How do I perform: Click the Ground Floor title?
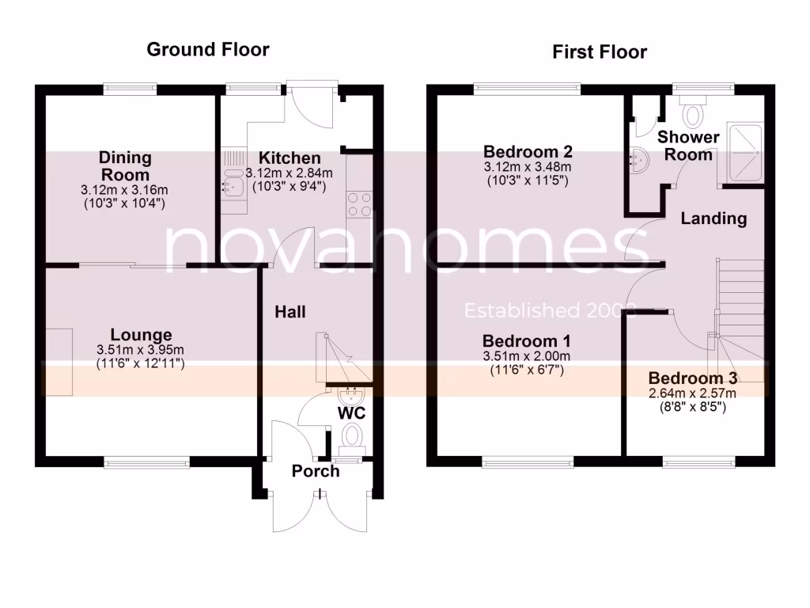pos(208,50)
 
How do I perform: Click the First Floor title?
pos(599,52)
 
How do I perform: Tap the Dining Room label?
pos(126,166)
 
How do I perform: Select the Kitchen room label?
pos(283,158)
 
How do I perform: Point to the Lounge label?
pos(141,335)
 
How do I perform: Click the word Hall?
pos(290,312)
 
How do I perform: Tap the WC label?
pos(351,413)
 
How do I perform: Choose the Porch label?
pos(316,471)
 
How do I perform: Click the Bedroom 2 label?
pos(528,151)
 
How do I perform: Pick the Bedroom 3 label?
pos(693,378)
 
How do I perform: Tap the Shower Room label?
pos(688,146)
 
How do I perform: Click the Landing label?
pos(714,218)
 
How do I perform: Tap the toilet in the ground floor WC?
pos(353,435)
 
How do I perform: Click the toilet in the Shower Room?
pos(695,113)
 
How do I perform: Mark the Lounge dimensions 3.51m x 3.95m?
pos(141,350)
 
